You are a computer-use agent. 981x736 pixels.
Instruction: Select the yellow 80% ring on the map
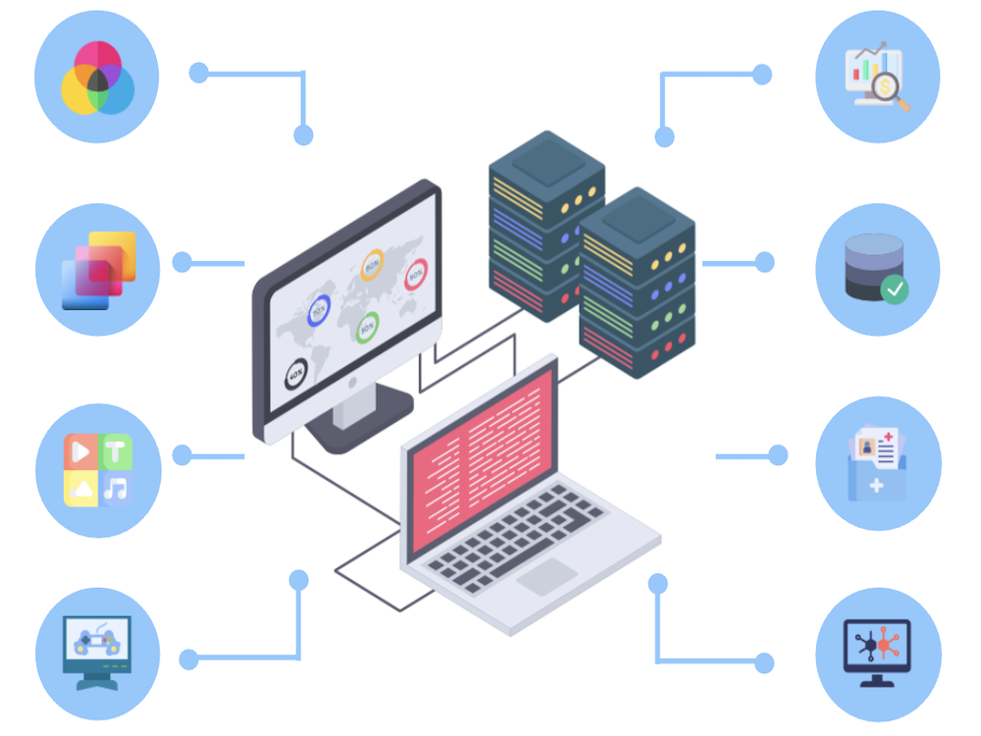(x=372, y=264)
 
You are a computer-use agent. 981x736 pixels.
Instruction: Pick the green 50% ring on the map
(x=368, y=327)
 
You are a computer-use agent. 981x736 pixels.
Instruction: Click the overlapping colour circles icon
(x=97, y=77)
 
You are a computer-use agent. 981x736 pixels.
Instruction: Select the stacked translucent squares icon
(x=97, y=270)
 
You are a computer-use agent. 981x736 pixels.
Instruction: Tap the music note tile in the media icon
(x=117, y=488)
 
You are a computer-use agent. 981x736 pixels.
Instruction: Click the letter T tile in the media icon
(x=116, y=452)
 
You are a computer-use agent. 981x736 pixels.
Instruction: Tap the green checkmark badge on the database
(x=895, y=289)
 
